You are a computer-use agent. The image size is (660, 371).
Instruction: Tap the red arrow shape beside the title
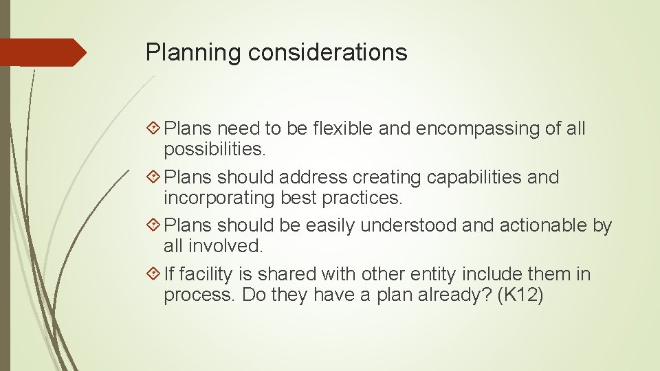[x=43, y=52]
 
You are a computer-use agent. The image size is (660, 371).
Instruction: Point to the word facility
[x=207, y=274]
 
